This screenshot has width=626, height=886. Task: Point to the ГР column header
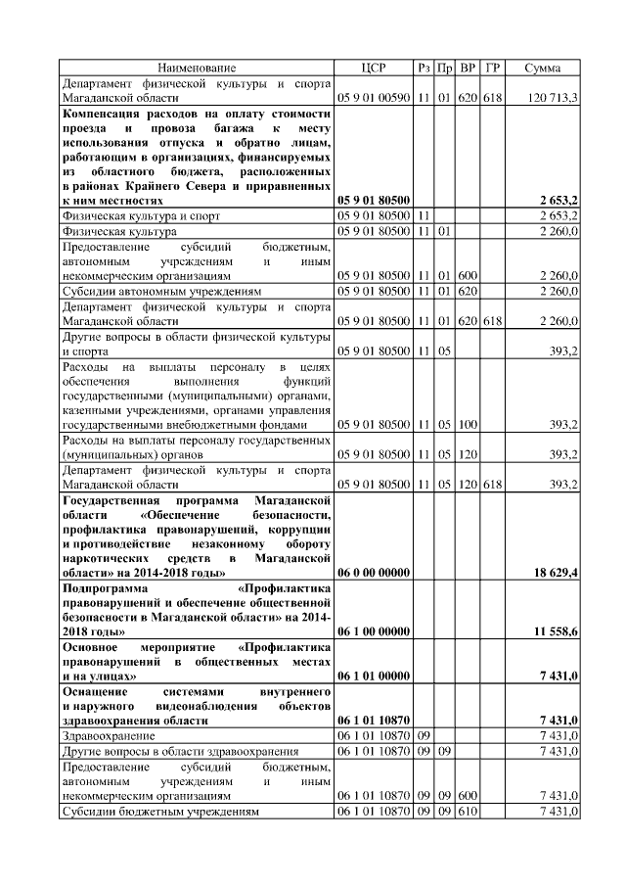coord(493,68)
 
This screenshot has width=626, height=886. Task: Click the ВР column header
coord(469,68)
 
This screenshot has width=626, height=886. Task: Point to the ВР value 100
coord(469,424)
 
